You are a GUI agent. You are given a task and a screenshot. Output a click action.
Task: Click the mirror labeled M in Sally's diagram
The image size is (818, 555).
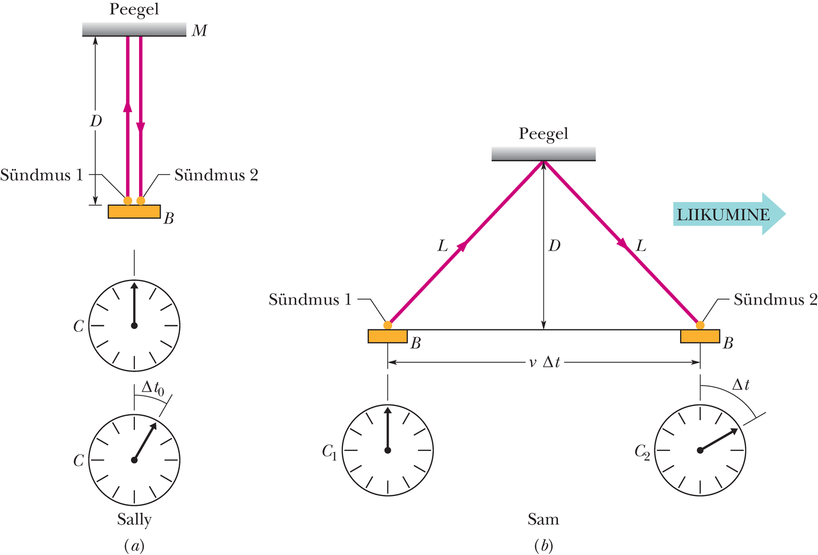coord(134,29)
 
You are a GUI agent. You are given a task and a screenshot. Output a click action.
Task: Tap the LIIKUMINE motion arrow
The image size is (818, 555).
coord(729,214)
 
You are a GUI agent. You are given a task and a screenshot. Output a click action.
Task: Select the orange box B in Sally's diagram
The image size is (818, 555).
coord(134,211)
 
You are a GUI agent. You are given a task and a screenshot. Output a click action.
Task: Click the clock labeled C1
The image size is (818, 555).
coord(387,450)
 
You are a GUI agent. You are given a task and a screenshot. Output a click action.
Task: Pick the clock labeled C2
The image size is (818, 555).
coord(700,450)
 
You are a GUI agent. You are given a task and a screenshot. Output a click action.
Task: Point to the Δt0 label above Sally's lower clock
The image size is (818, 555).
coord(152,388)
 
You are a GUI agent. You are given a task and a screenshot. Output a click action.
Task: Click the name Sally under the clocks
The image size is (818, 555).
coord(134,520)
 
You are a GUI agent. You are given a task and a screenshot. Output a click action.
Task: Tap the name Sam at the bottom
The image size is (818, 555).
coord(543,519)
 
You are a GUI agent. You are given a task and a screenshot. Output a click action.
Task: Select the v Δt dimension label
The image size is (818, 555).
coord(544,362)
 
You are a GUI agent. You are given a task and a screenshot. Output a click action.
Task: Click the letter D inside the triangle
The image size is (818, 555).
coord(554,246)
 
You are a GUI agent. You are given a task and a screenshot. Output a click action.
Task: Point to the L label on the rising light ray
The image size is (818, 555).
coord(443,246)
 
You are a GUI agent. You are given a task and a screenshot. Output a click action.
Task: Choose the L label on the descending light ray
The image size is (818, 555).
coord(641,246)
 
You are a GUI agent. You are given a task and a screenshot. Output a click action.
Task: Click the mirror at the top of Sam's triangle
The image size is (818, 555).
coord(543,154)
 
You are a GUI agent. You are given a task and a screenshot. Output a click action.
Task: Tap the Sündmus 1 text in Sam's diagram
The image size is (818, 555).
coord(310,299)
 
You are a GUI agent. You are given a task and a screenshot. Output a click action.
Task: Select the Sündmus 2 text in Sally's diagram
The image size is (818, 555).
coord(216,175)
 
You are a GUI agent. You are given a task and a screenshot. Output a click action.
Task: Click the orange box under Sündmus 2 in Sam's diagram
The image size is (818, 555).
coord(700,336)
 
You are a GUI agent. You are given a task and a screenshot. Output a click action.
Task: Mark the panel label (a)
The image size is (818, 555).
coord(134,546)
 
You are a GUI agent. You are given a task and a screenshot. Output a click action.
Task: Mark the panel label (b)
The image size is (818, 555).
coord(543,546)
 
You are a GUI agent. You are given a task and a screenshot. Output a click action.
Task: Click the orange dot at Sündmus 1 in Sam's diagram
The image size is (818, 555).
coord(387,325)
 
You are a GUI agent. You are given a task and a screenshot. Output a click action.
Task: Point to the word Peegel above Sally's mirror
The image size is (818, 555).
coord(134,9)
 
